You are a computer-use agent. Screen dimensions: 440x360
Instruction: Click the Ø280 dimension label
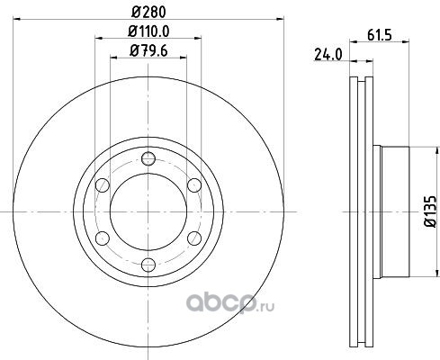pyautogui.click(x=148, y=13)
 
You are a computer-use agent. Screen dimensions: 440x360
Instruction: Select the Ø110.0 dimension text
pyautogui.click(x=148, y=31)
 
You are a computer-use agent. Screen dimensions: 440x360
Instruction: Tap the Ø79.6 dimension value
pyautogui.click(x=148, y=50)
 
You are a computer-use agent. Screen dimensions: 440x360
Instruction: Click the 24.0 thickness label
pyautogui.click(x=328, y=55)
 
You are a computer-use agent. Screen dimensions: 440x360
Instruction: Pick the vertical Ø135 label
pyautogui.click(x=429, y=211)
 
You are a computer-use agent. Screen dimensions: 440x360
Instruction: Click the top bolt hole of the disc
pyautogui.click(x=148, y=158)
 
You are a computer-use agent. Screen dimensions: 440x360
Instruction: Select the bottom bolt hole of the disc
pyautogui.click(x=148, y=265)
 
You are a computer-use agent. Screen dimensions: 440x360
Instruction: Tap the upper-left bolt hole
pyautogui.click(x=103, y=184)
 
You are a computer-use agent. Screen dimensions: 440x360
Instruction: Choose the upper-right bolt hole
pyautogui.click(x=194, y=184)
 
